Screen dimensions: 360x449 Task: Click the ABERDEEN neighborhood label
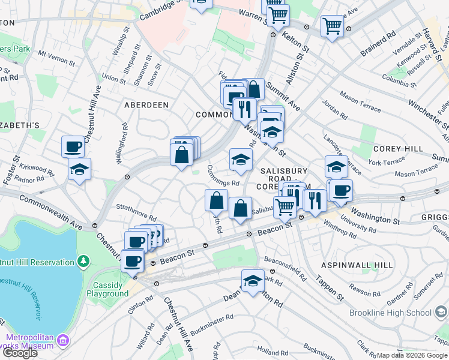146,104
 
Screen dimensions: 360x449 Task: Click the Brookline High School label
391,313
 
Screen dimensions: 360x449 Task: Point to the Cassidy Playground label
111,289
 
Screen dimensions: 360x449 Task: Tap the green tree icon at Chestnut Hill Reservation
83,261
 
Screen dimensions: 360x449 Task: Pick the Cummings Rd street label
223,176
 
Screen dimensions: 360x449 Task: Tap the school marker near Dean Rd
253,281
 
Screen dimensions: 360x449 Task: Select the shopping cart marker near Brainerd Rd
332,26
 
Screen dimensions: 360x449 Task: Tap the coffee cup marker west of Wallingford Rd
73,146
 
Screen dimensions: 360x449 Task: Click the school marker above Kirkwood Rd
79,170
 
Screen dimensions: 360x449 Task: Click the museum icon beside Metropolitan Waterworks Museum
62,342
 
